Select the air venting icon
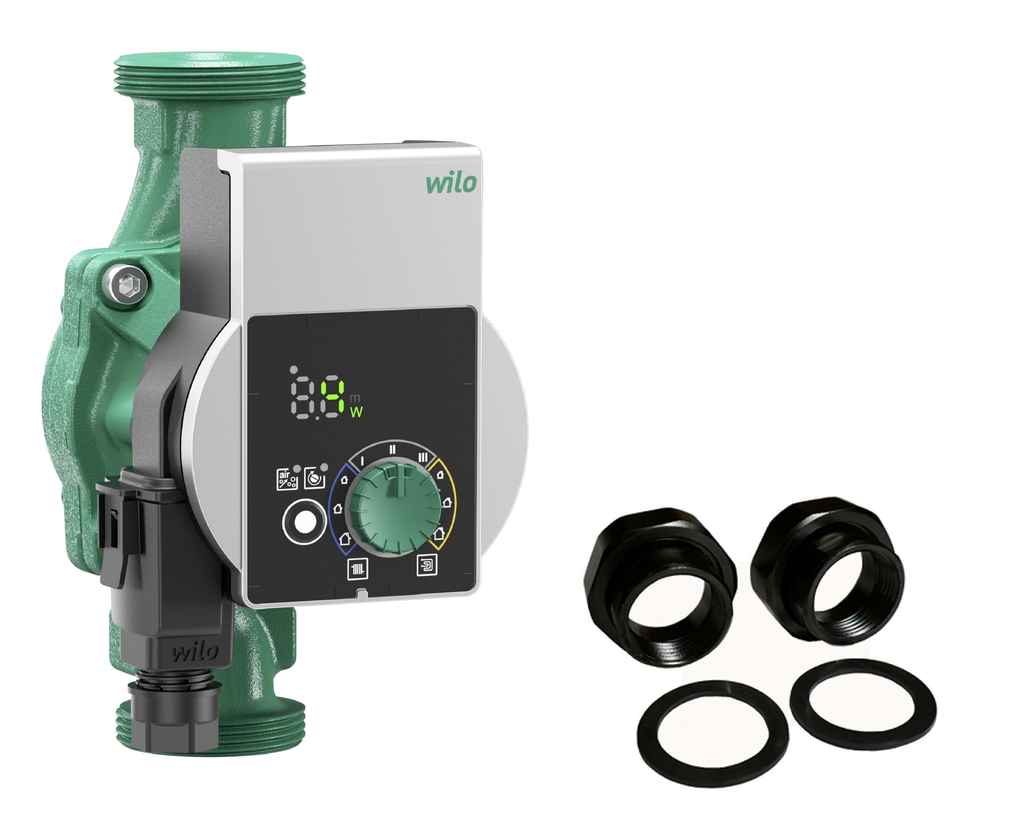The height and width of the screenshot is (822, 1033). [x=287, y=480]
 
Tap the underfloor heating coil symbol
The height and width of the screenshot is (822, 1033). [x=427, y=565]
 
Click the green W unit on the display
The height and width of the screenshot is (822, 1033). [x=356, y=412]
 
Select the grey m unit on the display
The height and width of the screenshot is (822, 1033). [x=355, y=398]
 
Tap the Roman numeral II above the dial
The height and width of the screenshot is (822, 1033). [x=392, y=450]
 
